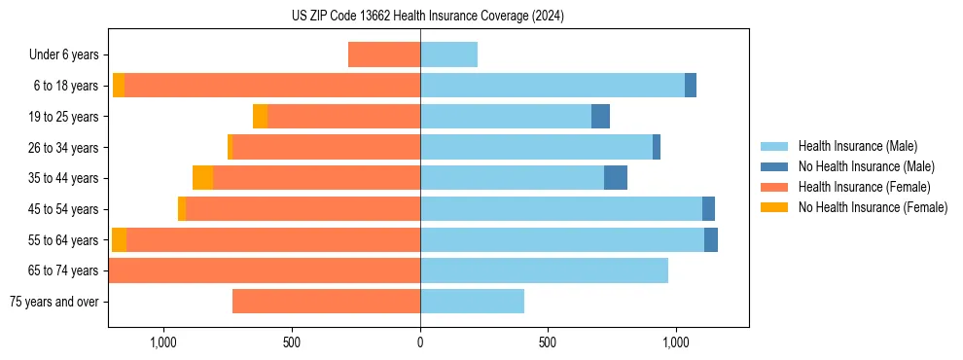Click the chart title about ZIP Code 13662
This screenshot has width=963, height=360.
[427, 17]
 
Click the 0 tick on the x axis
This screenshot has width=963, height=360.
[420, 342]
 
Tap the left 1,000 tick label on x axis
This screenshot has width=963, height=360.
[162, 342]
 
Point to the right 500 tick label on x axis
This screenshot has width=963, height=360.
[548, 342]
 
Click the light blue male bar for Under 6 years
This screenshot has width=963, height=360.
[448, 55]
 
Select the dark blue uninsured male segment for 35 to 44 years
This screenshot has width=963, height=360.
[616, 178]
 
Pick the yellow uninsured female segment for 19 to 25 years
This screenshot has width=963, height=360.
[260, 117]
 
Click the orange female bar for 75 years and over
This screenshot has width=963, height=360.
[326, 302]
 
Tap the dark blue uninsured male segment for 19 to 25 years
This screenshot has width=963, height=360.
[600, 117]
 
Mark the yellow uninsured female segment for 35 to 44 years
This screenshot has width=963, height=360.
[202, 178]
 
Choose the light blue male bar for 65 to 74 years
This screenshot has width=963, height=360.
[544, 270]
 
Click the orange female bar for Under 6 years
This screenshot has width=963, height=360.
[384, 55]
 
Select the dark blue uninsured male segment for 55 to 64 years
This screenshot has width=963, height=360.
[711, 240]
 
